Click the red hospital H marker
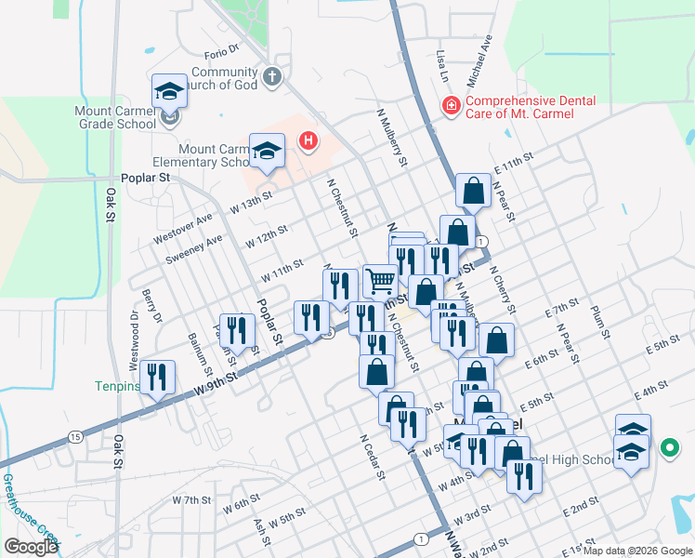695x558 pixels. tap(308, 141)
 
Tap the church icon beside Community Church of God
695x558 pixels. tap(270, 77)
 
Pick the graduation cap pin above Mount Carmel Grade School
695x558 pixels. tap(169, 90)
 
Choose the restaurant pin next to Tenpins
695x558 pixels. tap(158, 377)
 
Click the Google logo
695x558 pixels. tap(31, 547)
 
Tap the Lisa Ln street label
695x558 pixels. tap(442, 67)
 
